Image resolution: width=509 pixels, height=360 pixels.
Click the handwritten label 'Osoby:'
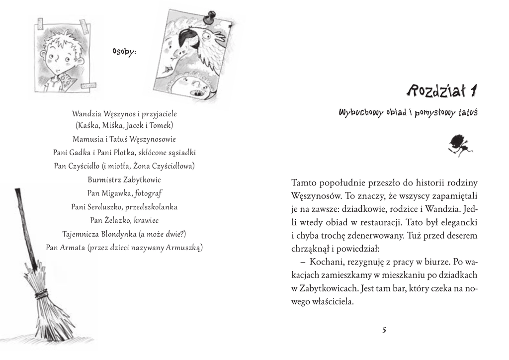125,51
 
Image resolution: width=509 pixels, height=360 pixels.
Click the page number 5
385,330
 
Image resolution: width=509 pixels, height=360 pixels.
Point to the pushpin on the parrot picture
212,16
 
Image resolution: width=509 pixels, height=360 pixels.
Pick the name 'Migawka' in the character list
117,193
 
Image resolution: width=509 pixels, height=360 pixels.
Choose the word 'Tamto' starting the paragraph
304,182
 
